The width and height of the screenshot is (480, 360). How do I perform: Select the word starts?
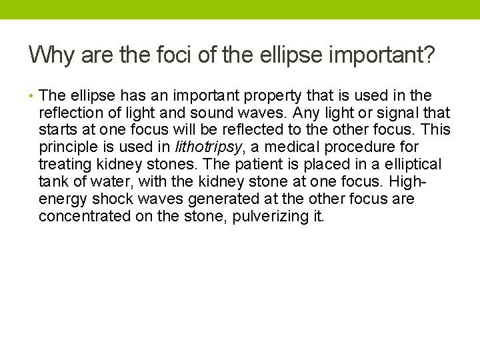coord(58,130)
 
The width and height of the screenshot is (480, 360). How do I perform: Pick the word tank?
coord(52,182)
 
